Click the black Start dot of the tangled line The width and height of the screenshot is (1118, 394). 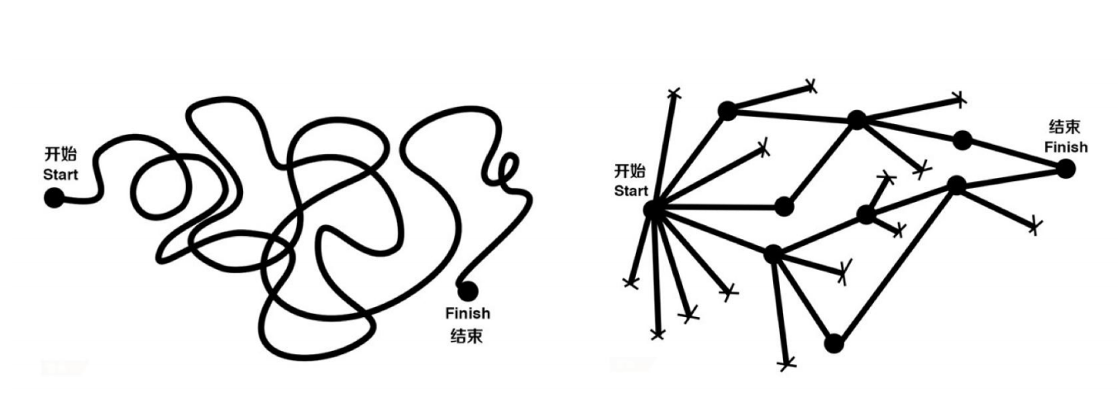[x=54, y=197]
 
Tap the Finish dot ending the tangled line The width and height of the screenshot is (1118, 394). [x=467, y=291]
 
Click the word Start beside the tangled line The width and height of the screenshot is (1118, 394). [x=60, y=175]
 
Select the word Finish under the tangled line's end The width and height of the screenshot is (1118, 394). [x=467, y=314]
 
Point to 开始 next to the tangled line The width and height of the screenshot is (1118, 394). [x=60, y=156]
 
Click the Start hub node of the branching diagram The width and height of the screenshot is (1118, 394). [x=653, y=209]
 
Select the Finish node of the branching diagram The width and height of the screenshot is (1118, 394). [x=1066, y=168]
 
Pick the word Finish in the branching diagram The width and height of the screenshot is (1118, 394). [x=1065, y=147]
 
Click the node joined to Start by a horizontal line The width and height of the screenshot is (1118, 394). [x=784, y=205]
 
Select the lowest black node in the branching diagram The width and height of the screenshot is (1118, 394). [x=834, y=343]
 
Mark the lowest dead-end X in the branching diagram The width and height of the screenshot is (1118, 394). [x=787, y=363]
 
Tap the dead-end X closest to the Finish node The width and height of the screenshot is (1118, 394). [x=1034, y=225]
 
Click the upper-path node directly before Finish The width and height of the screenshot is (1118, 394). [x=961, y=140]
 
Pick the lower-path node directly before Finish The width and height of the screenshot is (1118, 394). [x=956, y=185]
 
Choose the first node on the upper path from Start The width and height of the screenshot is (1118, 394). [x=727, y=110]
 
